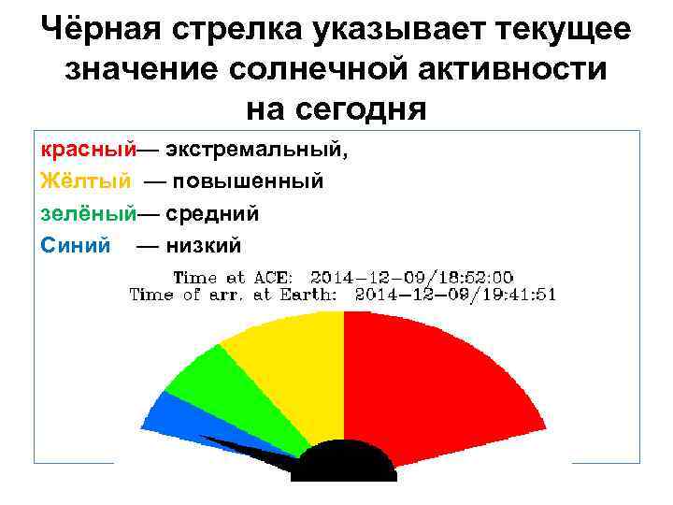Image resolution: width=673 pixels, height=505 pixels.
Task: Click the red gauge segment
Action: pyautogui.click(x=439, y=383)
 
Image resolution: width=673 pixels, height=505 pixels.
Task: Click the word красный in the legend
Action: pyautogui.click(x=88, y=149)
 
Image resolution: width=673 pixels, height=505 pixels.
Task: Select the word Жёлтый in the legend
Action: pyautogui.click(x=85, y=180)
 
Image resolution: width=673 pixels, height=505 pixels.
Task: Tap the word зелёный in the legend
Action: pyautogui.click(x=88, y=213)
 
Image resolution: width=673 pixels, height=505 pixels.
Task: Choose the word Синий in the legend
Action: pyautogui.click(x=76, y=245)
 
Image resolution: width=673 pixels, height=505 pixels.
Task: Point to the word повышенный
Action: pyautogui.click(x=245, y=180)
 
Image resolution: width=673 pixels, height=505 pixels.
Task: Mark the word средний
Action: pyautogui.click(x=212, y=213)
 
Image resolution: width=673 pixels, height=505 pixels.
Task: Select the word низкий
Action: pyautogui.click(x=203, y=245)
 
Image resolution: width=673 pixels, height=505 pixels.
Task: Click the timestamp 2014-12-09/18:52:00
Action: pyautogui.click(x=411, y=277)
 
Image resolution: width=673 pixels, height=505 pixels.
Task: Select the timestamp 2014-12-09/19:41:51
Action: pyautogui.click(x=455, y=294)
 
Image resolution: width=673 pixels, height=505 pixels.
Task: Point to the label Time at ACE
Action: pyautogui.click(x=233, y=277)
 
